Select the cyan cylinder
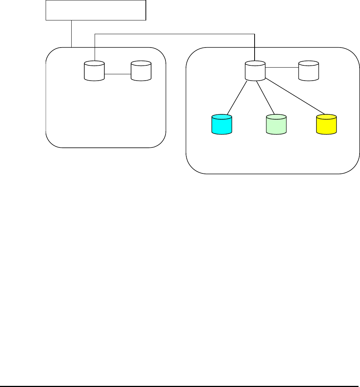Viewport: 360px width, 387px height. click(x=222, y=126)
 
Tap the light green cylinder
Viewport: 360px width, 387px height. click(x=276, y=126)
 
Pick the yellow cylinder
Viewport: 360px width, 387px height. click(x=326, y=126)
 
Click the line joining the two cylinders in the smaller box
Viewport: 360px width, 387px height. click(x=118, y=75)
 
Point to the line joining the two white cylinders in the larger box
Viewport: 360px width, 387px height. click(x=282, y=68)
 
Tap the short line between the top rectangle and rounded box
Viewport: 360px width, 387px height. click(x=71, y=33)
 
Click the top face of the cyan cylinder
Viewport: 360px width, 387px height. click(x=222, y=117)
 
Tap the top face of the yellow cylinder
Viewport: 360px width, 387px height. click(x=326, y=117)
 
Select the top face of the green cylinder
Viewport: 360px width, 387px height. click(x=276, y=117)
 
